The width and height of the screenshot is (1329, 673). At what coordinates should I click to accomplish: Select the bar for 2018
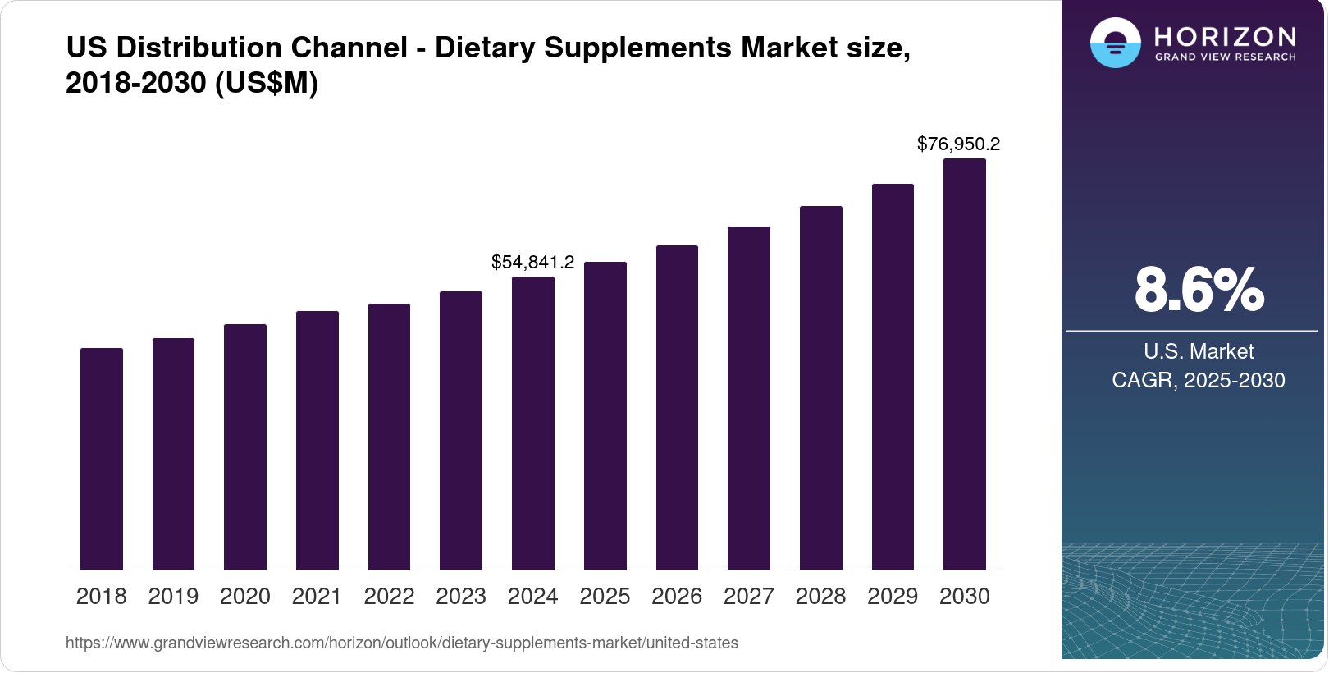coord(102,459)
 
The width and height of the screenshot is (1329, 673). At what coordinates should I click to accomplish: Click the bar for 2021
coord(317,441)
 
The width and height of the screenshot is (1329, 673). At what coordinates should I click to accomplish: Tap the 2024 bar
coord(533,423)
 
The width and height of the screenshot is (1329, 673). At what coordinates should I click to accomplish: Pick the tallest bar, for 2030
coord(965,364)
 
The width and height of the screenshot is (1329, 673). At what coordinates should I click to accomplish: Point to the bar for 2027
coord(749,398)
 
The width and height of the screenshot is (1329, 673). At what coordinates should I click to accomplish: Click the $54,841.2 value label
coord(532,262)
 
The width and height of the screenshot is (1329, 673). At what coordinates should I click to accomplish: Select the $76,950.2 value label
coord(958,144)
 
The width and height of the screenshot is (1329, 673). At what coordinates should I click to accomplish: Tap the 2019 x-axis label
coord(173,597)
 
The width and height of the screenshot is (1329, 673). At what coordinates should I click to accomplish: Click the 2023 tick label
coord(461,597)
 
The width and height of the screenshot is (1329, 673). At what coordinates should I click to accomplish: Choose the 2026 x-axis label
coord(677,597)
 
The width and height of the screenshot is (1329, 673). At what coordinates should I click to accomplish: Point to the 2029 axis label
coord(893,597)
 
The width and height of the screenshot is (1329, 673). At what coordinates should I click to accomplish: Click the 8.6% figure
coord(1199,290)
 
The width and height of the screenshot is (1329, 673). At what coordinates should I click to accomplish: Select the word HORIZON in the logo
coord(1225,37)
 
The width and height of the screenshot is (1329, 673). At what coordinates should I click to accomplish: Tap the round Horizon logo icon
coord(1115,43)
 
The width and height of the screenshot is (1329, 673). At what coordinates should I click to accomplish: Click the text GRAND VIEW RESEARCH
coord(1225,57)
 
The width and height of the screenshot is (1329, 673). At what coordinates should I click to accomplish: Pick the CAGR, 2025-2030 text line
coord(1198,380)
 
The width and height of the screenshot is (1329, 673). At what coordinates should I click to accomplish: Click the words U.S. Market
coord(1199,351)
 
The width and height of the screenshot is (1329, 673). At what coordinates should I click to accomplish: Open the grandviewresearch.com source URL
coord(402,643)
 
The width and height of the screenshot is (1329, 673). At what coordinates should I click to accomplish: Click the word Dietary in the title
coord(484,48)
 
